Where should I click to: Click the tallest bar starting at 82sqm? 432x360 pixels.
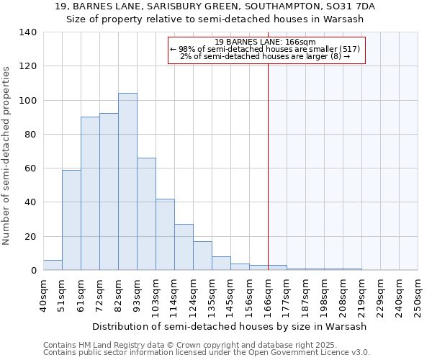127,181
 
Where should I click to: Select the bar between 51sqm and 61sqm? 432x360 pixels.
71,220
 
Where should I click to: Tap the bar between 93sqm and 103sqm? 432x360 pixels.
146,214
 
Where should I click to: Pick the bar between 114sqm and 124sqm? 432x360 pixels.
184,247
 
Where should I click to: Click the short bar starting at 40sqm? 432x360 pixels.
53,265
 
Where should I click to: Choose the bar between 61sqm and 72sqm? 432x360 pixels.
90,193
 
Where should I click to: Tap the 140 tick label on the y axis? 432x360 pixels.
28,32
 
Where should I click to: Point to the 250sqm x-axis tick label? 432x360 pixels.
418,295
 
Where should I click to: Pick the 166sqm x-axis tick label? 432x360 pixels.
268,295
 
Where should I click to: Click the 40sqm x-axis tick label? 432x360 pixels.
43,295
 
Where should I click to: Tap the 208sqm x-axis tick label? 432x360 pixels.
343,295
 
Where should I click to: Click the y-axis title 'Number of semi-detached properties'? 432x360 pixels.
7,156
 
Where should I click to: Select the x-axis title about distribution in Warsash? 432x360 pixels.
230,326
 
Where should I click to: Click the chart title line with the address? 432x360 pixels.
215,6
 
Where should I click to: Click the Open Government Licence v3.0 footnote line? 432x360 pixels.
206,353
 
